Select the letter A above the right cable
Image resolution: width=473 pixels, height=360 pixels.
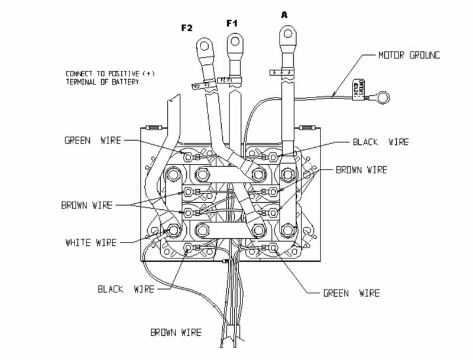[284, 16]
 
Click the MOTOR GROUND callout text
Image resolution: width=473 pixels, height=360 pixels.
[409, 55]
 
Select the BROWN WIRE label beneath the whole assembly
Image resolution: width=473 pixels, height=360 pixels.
[176, 332]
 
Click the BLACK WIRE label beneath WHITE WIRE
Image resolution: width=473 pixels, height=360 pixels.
[126, 289]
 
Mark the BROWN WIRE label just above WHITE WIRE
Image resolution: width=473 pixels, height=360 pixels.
[88, 206]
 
